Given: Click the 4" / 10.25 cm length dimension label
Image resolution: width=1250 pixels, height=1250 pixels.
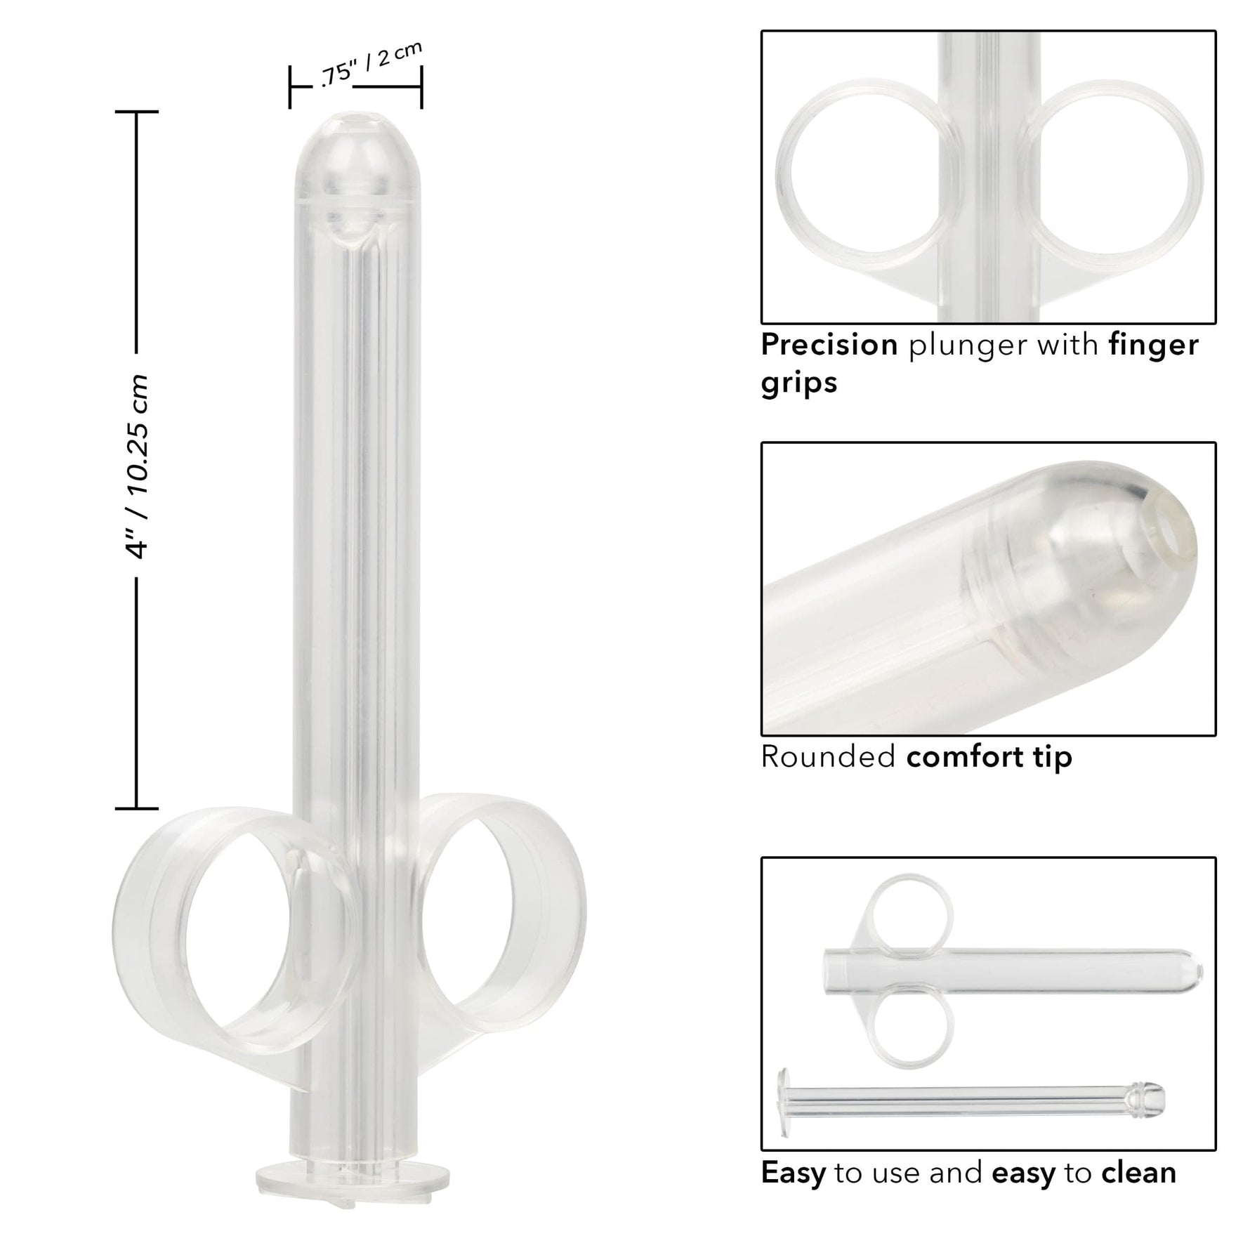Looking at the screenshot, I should pos(136,466).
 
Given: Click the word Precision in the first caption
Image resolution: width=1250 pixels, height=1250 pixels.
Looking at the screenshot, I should pos(829,345).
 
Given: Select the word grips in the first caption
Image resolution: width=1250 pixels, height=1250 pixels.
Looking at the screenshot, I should pos(799,383).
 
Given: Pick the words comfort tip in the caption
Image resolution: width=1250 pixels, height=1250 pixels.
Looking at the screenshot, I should pos(989,757).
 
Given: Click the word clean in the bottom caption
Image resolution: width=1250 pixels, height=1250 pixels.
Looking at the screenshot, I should pos(1138,1173).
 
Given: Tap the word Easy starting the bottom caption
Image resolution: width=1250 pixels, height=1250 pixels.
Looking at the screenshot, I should pos(794,1173).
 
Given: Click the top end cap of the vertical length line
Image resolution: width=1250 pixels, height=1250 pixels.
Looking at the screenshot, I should pos(136,112).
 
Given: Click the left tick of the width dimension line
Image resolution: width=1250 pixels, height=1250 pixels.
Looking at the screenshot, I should pos(290,87).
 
